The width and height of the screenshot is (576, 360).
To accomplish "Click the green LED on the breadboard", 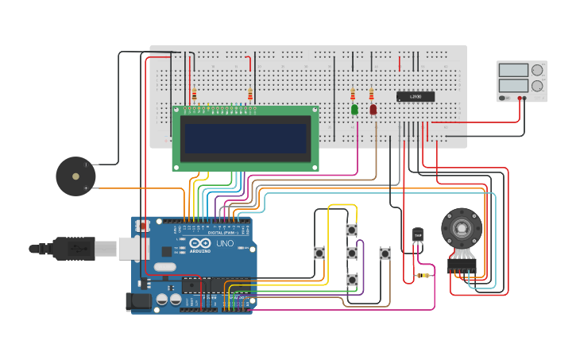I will (x=354, y=110).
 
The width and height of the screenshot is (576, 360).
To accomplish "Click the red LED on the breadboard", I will (x=373, y=110).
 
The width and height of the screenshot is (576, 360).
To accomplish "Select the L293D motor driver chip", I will (x=416, y=97).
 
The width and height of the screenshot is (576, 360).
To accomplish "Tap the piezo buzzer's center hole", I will (x=75, y=176).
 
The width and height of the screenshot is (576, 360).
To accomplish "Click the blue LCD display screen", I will (x=245, y=138).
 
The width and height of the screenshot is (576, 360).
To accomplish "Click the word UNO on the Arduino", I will (x=225, y=243).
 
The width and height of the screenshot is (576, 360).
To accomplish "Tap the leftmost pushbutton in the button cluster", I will (x=319, y=254).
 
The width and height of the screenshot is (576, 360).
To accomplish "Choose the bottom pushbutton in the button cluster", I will (x=351, y=280).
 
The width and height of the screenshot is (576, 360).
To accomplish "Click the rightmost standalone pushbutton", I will (x=385, y=254).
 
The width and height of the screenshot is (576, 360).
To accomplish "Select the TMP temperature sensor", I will (x=418, y=236).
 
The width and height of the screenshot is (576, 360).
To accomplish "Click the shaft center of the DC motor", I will (x=462, y=228).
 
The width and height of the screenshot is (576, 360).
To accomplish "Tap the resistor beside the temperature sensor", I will (x=423, y=276).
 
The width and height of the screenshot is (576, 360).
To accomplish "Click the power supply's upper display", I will (x=513, y=70).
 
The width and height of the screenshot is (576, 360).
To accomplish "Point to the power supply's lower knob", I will (x=537, y=86).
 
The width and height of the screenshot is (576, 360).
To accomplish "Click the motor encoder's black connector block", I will (x=461, y=265).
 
